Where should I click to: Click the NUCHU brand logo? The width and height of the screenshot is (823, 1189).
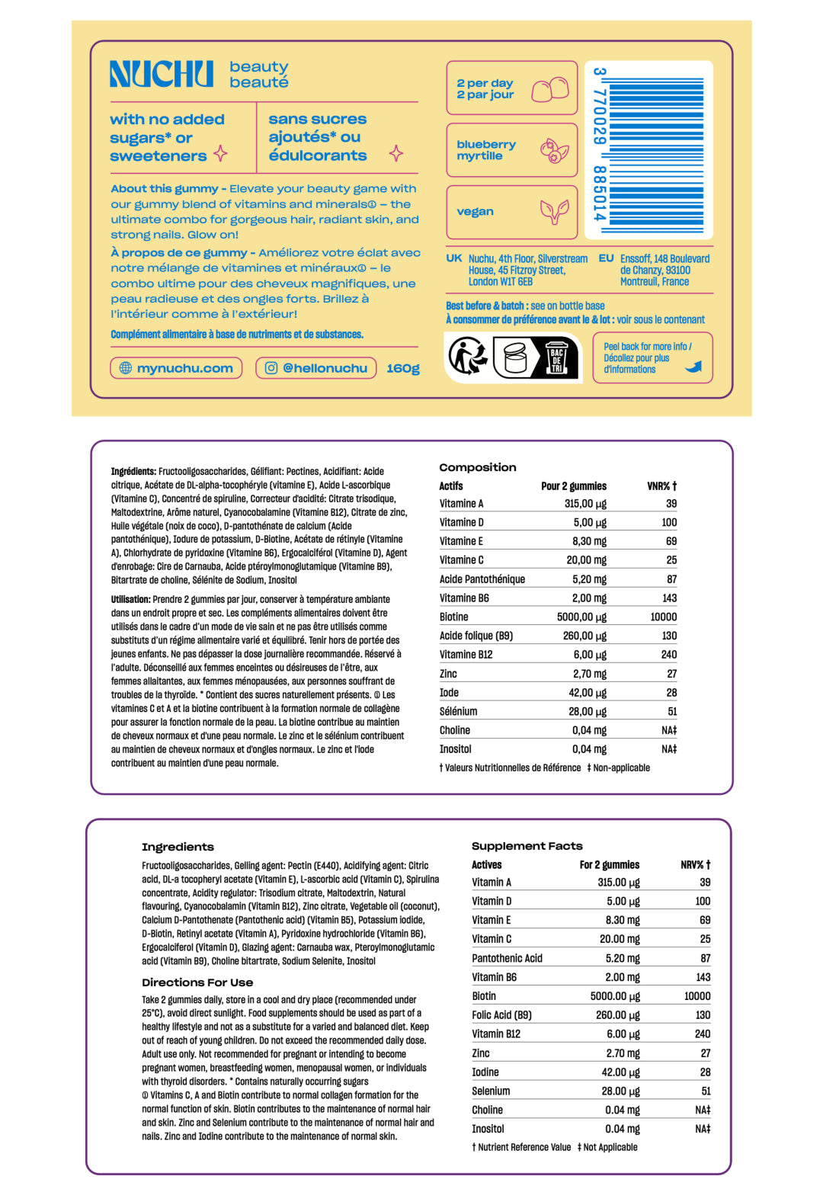(x=162, y=74)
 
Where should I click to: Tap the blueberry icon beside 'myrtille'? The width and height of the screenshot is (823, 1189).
(x=554, y=150)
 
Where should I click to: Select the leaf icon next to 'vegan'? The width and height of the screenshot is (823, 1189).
(x=554, y=211)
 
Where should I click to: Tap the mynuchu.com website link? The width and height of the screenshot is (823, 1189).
(x=176, y=368)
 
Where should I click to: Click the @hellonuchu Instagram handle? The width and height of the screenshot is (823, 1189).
(x=316, y=368)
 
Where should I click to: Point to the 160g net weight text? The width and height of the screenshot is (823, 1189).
(x=403, y=368)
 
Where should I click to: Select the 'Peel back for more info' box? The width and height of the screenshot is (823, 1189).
(x=652, y=357)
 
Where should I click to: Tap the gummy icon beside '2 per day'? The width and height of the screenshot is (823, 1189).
(x=550, y=89)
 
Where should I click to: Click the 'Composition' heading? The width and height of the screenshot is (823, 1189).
(x=478, y=467)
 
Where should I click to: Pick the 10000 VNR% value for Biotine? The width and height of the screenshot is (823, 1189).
(x=663, y=617)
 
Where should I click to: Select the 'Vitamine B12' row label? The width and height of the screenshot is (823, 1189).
(x=466, y=654)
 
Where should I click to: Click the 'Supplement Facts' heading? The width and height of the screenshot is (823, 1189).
(x=527, y=846)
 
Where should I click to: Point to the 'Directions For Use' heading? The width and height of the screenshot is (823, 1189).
(x=197, y=982)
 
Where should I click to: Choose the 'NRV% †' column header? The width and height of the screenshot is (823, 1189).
(x=695, y=864)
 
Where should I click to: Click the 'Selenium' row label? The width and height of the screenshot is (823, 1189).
(x=491, y=1091)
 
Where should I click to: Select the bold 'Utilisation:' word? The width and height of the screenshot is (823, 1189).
(x=130, y=599)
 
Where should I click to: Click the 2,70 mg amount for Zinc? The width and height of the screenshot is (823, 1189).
(x=590, y=674)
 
